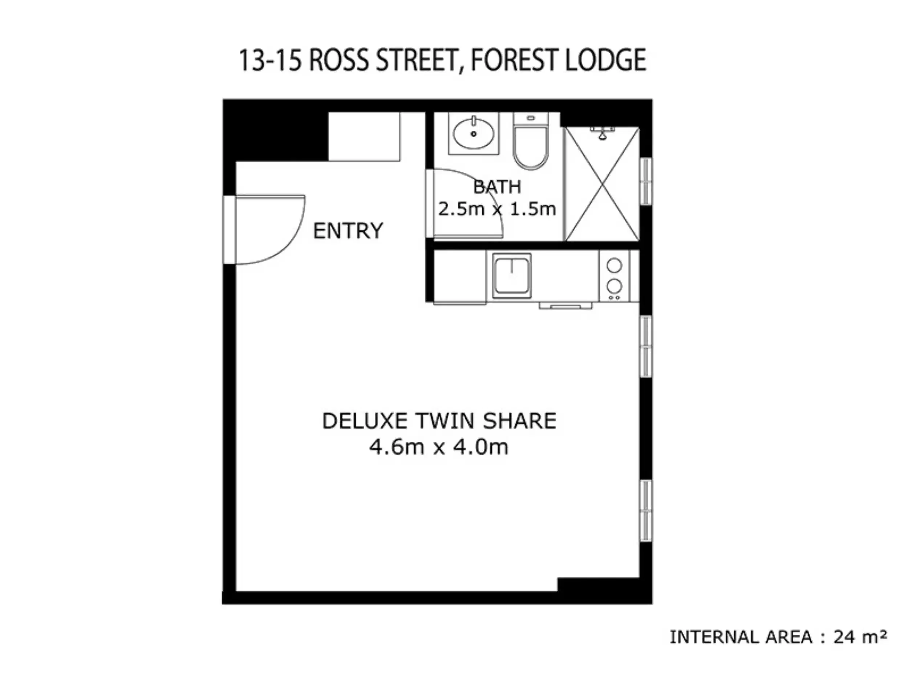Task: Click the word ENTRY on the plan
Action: (x=348, y=231)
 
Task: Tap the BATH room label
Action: (x=497, y=187)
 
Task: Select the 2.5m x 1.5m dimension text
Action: (x=497, y=209)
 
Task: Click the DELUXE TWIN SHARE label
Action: (x=439, y=421)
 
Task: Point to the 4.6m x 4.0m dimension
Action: (x=439, y=447)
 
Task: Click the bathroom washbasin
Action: (x=473, y=134)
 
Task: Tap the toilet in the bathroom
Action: (x=530, y=142)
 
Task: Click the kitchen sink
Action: (x=511, y=275)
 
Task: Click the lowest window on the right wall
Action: (x=646, y=511)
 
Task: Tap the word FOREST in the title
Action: (x=515, y=60)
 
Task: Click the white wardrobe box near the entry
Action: (x=364, y=137)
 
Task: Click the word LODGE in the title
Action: (x=605, y=60)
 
